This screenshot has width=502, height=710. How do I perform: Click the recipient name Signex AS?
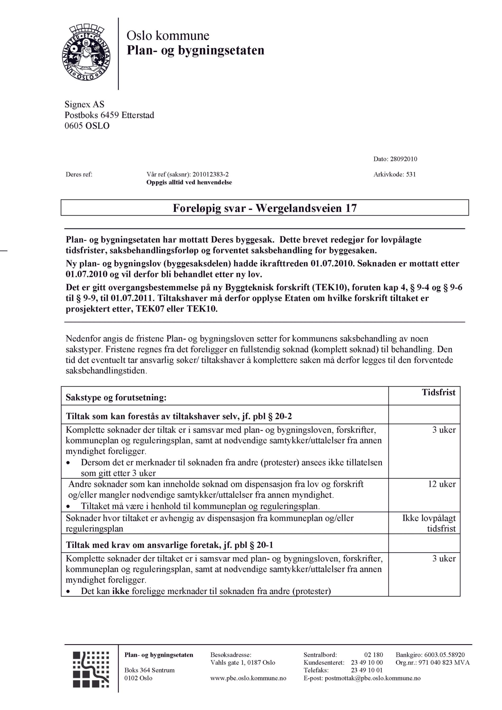84,104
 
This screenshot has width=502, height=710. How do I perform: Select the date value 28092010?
403,159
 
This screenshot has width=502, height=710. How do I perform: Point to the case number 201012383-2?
211,174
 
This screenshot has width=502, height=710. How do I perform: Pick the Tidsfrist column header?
438,392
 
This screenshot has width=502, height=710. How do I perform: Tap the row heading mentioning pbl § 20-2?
179,416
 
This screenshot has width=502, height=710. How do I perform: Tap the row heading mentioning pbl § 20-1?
169,545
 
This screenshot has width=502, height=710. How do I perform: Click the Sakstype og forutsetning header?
116,397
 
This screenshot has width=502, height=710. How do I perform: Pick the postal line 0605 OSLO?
87,126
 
